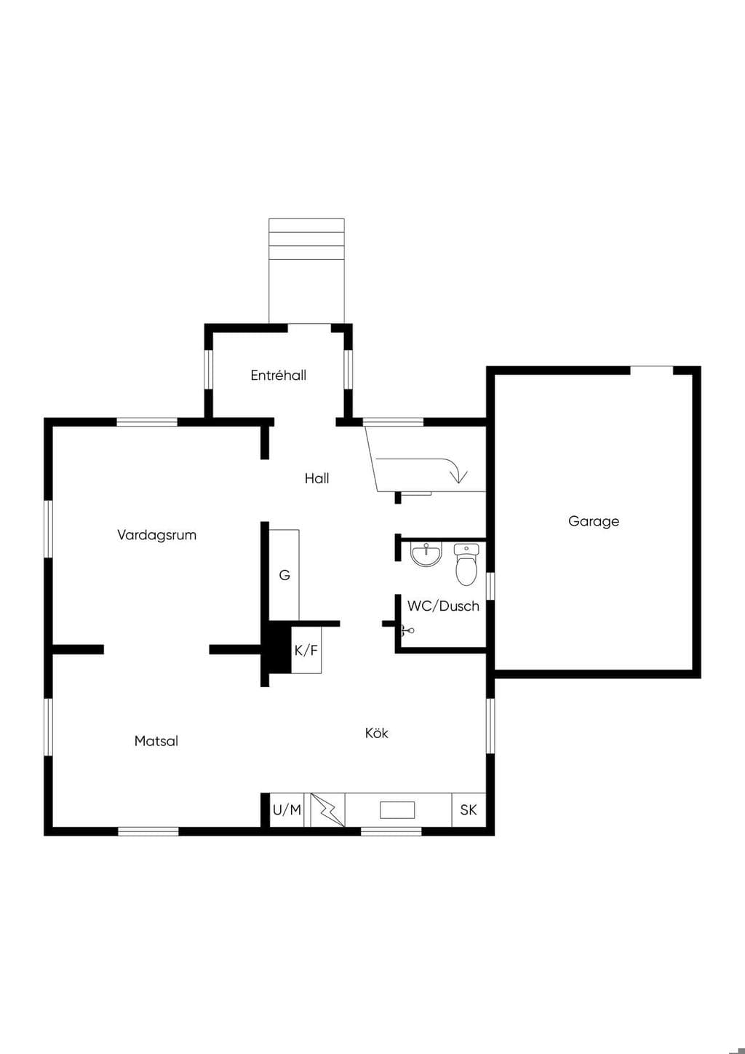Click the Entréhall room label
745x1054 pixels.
pos(278,376)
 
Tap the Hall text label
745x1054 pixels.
pos(316,478)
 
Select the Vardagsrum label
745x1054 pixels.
pos(156,536)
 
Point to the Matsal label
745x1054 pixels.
pos(156,741)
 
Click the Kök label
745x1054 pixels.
pos(376,732)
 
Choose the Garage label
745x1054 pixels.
pos(594,521)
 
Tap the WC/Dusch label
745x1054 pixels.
pos(443,606)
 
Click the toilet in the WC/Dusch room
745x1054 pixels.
pos(466,564)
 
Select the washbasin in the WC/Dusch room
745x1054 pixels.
pos(426,554)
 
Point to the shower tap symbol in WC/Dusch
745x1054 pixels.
pos(407,630)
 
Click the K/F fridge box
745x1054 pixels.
pos(306,650)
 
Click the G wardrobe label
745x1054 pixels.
pos(284,575)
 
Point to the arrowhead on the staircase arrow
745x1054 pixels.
pos(459,477)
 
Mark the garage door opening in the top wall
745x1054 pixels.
pos(651,371)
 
